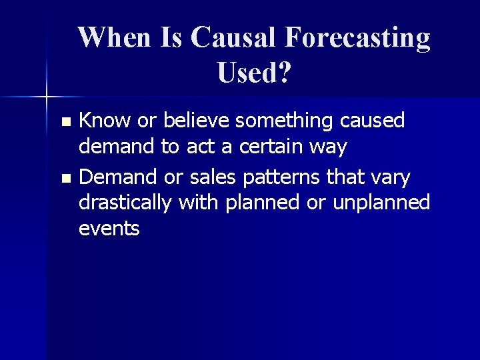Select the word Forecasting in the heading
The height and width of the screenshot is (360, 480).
[357, 39]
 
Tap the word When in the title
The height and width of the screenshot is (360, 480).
[115, 38]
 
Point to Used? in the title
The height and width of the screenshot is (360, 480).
[254, 73]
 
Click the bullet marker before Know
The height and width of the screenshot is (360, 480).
[65, 122]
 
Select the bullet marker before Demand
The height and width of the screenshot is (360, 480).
[65, 179]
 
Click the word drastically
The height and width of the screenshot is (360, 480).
[126, 203]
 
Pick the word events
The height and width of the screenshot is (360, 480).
[109, 229]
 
